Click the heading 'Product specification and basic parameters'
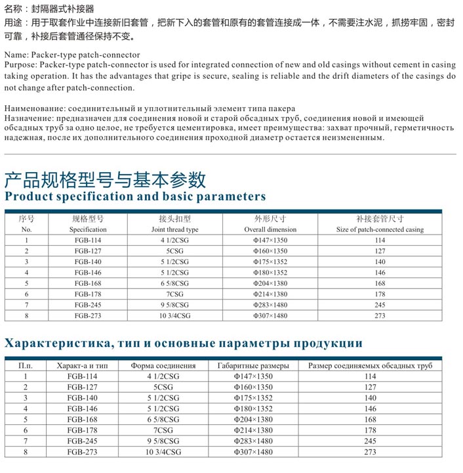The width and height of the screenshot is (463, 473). coord(136,196)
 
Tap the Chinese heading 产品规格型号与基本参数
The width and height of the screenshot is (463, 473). coord(106,179)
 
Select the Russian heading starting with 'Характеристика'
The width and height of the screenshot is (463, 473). coord(184,343)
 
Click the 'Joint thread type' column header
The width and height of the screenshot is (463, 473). coord(174,229)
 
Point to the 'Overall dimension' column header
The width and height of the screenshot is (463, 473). coord(270,229)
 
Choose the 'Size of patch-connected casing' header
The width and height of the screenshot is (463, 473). coord(380,229)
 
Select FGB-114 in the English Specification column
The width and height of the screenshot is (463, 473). coord(88,240)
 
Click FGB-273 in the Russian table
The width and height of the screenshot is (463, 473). coord(83,452)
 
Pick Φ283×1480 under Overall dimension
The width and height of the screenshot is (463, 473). coord(270,305)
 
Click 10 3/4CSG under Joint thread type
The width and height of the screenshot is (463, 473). coord(174,315)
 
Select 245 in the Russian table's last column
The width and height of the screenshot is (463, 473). coord(370,441)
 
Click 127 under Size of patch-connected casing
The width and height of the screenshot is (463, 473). coord(380,251)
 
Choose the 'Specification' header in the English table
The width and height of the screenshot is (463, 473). coord(88,229)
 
